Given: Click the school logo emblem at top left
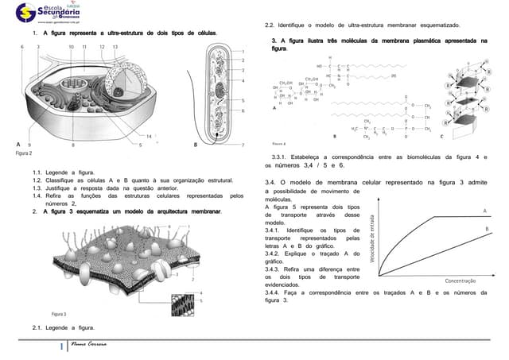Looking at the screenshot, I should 25,12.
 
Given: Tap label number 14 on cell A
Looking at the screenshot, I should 149,136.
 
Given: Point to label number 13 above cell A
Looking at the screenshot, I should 116,48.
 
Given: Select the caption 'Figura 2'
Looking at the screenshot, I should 25,153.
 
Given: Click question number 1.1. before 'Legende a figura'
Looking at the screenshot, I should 37,172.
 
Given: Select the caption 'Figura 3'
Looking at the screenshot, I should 59,314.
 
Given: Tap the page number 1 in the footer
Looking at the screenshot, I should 61,346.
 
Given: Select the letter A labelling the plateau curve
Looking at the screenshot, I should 485,210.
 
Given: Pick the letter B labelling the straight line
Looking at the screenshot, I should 485,229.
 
